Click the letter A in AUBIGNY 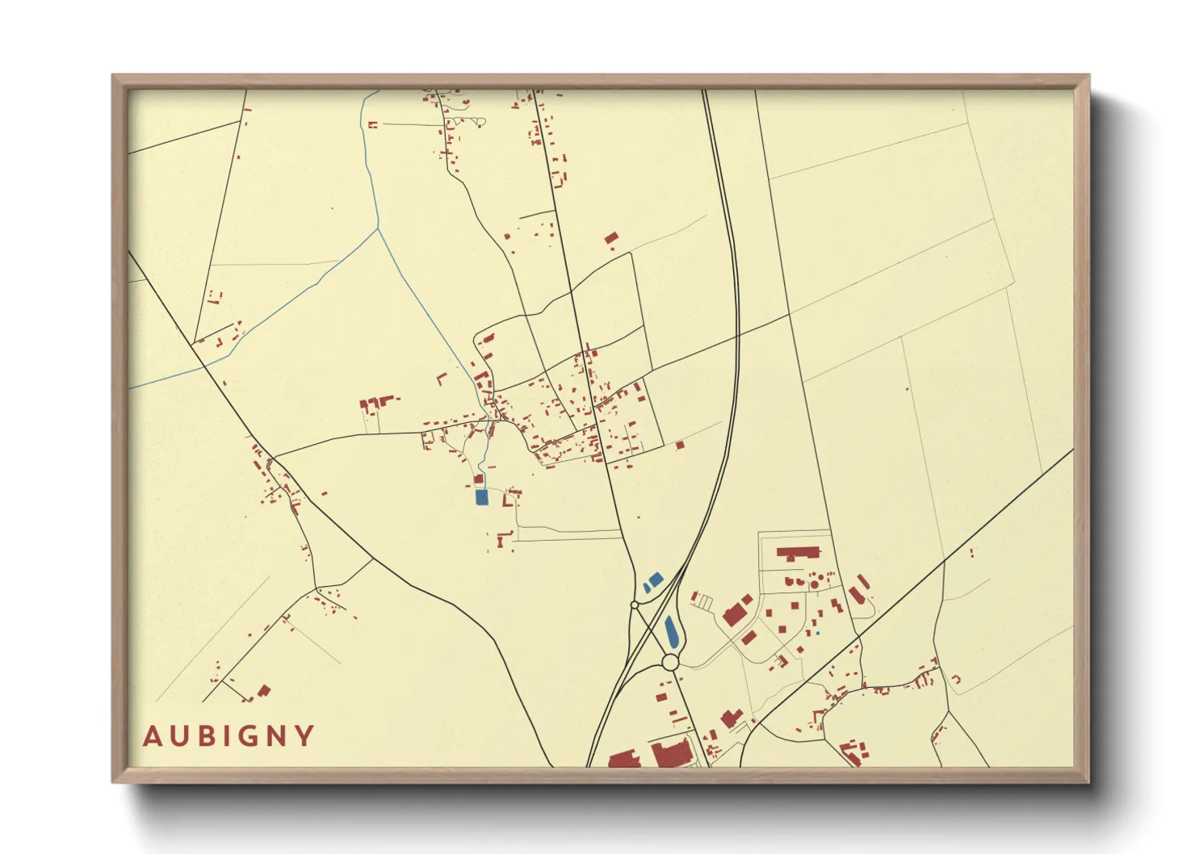151,736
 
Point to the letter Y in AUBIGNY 304,736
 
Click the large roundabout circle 669,663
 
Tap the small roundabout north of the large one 635,604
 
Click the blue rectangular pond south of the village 482,497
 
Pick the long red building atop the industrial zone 798,553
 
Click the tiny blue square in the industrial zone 817,634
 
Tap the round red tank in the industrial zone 814,584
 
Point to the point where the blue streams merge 378,228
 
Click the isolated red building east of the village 680,445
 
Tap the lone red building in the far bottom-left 263,691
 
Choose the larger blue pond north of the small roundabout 653,579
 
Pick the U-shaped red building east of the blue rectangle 509,499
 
